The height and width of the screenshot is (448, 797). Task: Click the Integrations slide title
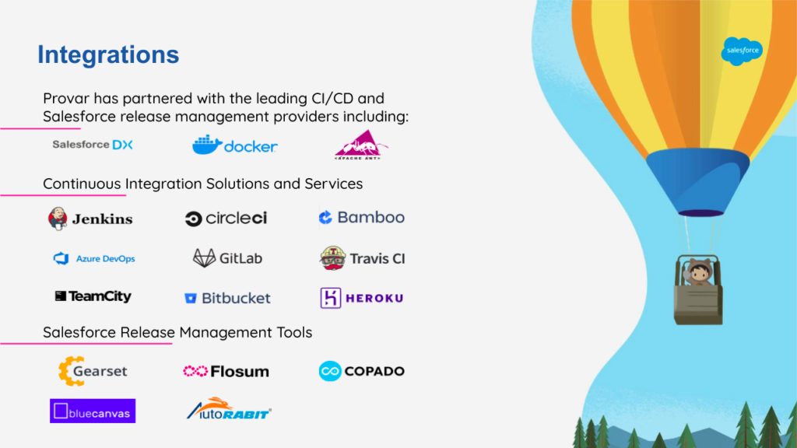(x=108, y=55)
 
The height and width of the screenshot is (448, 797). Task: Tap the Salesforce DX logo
(x=93, y=145)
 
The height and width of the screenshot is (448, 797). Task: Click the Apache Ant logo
(x=361, y=145)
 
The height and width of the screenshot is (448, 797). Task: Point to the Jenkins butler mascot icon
(x=58, y=219)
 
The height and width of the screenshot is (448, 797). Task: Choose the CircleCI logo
(x=226, y=219)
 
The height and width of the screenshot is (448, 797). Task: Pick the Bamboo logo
(x=362, y=218)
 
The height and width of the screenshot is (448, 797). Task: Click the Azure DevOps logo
(x=94, y=258)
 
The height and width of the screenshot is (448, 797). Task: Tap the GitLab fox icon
(x=205, y=258)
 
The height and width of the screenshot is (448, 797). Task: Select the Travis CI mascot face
(x=333, y=258)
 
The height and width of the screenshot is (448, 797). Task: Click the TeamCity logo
(x=93, y=296)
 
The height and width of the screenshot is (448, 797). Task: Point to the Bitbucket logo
(x=227, y=298)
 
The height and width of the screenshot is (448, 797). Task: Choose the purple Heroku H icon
(x=330, y=298)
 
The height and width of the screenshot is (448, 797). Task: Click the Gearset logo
(x=93, y=371)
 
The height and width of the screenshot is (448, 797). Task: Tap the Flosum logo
(x=226, y=371)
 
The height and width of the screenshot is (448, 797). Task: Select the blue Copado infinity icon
(x=330, y=371)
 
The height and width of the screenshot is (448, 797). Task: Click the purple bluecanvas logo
(x=93, y=411)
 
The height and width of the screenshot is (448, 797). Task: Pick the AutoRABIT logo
(x=230, y=409)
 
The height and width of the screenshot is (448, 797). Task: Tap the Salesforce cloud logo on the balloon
(x=742, y=51)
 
